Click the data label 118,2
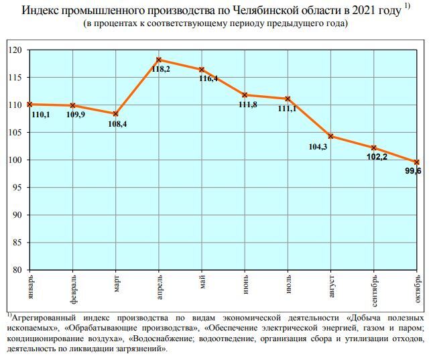[x=161, y=69]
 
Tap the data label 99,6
[x=413, y=172]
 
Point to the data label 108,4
[x=117, y=123]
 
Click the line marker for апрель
[x=159, y=60]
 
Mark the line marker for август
[x=330, y=136]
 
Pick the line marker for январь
[x=30, y=104]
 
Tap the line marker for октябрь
[x=416, y=162]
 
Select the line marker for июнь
[x=245, y=95]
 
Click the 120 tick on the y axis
[x=15, y=50]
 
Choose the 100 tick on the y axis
[x=15, y=160]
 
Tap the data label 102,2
[x=377, y=157]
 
